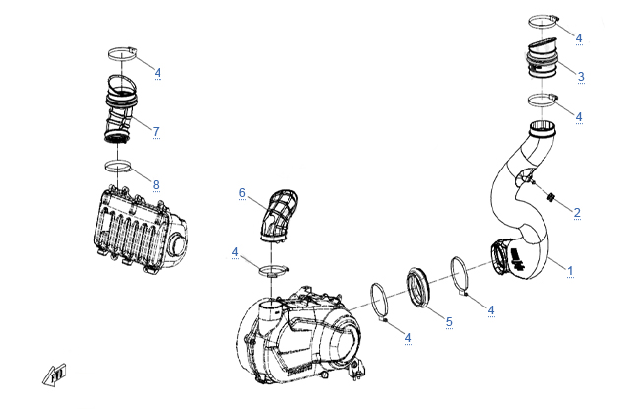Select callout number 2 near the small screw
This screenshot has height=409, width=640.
point(577,212)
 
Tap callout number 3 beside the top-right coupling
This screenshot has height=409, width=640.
point(581,76)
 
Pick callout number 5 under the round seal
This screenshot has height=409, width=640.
point(448,321)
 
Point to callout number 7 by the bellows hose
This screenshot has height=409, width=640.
point(156,130)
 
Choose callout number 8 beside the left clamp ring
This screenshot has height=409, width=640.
point(156,184)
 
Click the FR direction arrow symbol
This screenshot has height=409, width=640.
point(52,373)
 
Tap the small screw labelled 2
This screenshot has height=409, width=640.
point(552,195)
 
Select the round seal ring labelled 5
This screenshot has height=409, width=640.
point(422,286)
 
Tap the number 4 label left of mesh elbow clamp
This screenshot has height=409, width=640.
point(235,253)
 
